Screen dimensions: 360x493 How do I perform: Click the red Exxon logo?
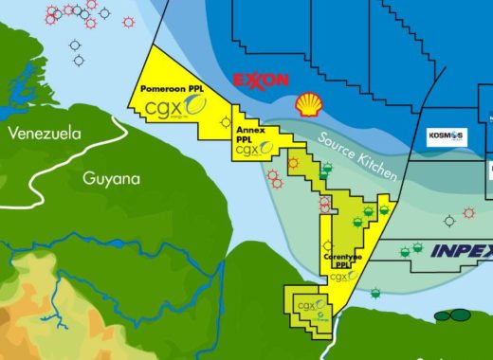click(260, 80)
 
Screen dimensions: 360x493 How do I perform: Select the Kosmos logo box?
click(446, 137)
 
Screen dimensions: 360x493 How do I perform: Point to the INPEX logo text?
click(462, 251)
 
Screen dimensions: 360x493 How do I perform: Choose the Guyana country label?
click(111, 177)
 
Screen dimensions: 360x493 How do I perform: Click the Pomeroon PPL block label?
click(167, 88)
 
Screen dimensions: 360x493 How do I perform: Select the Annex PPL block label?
click(248, 135)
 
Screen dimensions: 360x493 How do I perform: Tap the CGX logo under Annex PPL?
click(249, 150)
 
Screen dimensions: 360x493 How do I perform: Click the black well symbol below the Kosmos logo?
click(449, 221)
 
